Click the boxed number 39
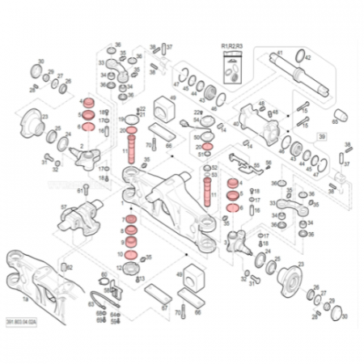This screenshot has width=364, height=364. pos(321,138)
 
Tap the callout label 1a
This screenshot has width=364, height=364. pos(25,298)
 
